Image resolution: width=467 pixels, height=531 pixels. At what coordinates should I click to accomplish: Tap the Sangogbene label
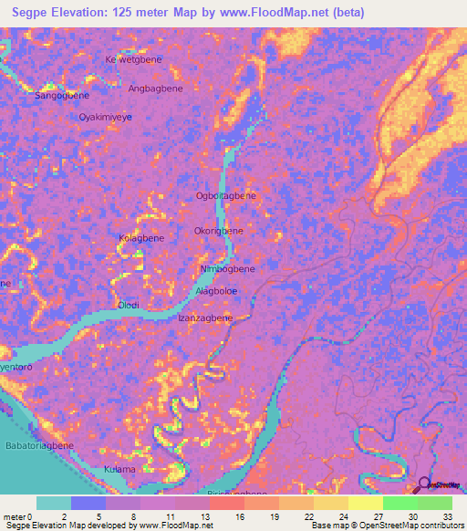[x=61, y=95]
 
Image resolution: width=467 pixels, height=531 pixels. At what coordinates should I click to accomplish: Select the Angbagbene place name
[x=155, y=88]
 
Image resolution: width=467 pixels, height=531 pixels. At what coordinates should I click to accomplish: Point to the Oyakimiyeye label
[x=106, y=118]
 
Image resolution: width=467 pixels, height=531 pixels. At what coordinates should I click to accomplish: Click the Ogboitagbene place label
[x=225, y=195]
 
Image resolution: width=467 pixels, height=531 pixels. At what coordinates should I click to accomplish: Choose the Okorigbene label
[x=219, y=231]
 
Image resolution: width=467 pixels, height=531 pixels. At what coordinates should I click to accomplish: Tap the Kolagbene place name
[x=141, y=238]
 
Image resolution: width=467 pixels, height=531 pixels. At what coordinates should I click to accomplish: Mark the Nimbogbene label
[x=227, y=269]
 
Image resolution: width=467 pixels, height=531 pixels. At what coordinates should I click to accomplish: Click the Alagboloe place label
[x=217, y=291]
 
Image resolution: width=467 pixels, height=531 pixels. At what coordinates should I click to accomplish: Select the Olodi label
[x=129, y=305]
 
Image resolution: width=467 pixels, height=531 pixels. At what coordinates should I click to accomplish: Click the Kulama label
[x=119, y=469]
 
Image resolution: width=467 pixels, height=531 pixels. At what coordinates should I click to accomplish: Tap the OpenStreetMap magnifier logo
[x=425, y=485]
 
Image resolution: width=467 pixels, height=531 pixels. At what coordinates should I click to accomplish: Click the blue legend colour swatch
[x=88, y=503]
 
